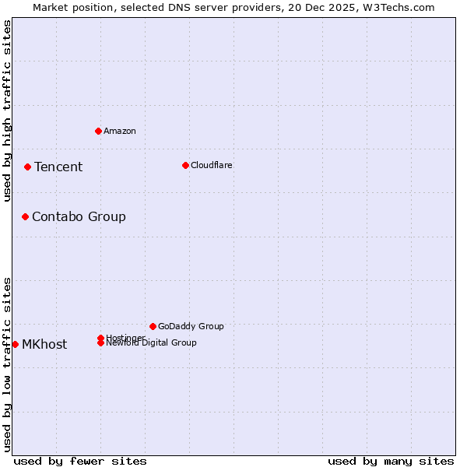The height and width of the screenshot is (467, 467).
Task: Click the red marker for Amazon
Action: (99, 131)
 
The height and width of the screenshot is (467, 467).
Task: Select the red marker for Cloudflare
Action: (185, 165)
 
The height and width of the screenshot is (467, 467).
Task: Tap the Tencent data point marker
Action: (27, 167)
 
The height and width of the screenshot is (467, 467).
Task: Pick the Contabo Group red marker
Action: (25, 216)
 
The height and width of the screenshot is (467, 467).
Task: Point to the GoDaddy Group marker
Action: (153, 326)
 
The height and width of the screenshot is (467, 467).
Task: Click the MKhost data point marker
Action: (15, 344)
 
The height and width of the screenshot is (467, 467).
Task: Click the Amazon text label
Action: (120, 131)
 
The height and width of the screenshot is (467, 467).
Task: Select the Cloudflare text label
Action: (212, 165)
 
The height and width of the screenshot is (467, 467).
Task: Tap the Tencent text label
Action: (58, 167)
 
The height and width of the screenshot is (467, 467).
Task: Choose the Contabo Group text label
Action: (79, 216)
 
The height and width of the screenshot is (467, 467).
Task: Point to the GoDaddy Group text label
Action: (191, 326)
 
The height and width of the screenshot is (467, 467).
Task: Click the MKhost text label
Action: (44, 344)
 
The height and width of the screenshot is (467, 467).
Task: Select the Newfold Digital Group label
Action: (152, 343)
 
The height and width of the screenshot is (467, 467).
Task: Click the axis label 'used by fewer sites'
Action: (80, 461)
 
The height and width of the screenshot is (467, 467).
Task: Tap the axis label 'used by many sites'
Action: (391, 461)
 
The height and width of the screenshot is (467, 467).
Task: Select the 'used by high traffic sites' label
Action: (8, 111)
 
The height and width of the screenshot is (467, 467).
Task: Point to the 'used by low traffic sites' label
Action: (8, 363)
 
